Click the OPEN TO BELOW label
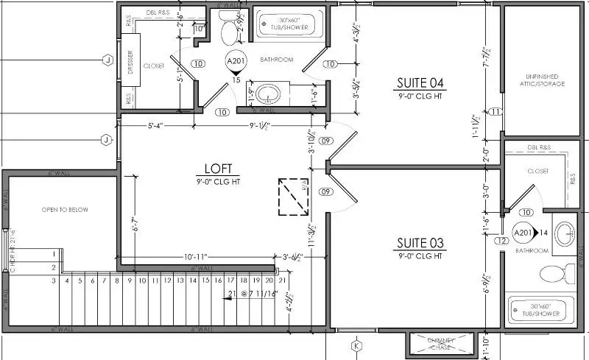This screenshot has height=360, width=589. pos(65,210)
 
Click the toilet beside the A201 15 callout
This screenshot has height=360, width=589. pos(230,31)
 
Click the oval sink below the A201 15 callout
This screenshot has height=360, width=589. pos(269,93)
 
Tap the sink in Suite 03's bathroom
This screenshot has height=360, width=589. pos(566,234)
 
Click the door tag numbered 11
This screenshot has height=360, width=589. pos(496,112)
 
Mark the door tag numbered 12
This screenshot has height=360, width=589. pos(501,241)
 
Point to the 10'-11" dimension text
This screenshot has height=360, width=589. pos(195,256)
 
